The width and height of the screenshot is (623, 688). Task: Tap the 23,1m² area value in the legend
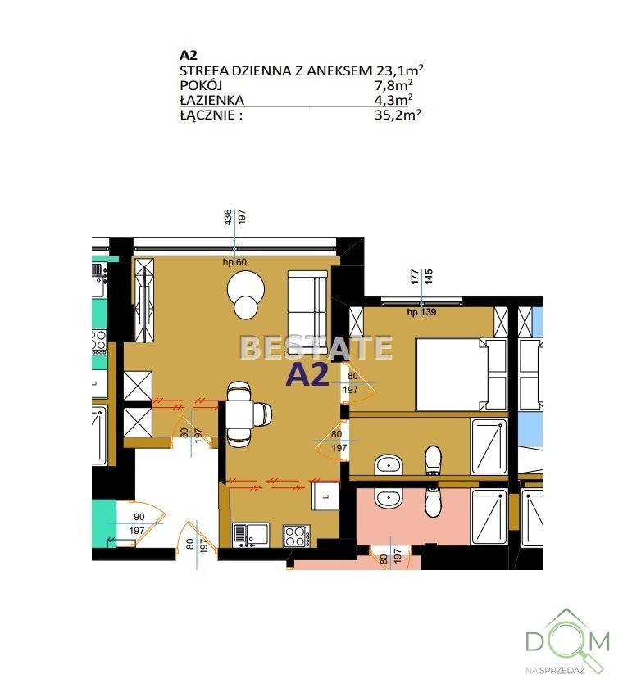click(399, 70)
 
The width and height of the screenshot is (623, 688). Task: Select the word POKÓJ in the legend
click(201, 85)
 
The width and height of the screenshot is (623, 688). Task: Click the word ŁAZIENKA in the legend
click(211, 100)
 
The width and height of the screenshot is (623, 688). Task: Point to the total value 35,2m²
click(398, 115)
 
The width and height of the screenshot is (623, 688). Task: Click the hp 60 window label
click(234, 262)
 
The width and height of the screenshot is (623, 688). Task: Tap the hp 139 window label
click(421, 312)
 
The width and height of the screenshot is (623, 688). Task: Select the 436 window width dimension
click(228, 218)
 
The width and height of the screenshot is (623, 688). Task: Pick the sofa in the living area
click(307, 311)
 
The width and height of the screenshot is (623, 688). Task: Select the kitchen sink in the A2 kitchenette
click(251, 535)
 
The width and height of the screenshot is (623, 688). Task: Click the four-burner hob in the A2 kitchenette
click(297, 536)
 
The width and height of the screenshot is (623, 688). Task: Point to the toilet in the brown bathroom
click(433, 460)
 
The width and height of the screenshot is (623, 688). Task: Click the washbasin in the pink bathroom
click(388, 499)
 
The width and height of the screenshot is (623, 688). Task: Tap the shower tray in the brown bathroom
click(489, 446)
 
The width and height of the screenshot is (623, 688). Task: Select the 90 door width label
click(139, 517)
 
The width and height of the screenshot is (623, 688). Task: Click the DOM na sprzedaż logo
click(568, 642)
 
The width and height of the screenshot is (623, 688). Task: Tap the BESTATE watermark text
click(316, 347)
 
